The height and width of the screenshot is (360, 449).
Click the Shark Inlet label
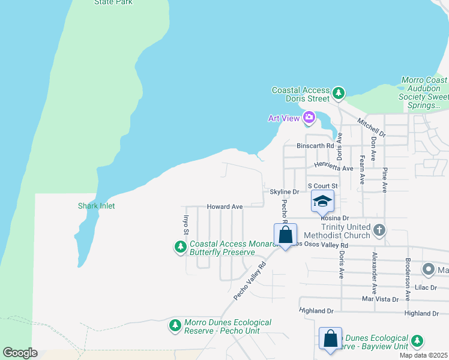point(96,206)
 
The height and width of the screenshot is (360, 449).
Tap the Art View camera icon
point(309,118)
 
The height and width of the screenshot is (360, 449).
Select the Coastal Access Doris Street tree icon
point(340,93)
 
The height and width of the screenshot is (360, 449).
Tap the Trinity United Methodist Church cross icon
point(379,229)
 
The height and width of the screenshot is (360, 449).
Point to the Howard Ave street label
point(224,206)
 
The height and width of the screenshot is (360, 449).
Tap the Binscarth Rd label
point(315,146)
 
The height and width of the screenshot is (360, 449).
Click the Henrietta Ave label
point(333,169)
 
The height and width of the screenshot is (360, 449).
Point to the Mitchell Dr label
point(370,127)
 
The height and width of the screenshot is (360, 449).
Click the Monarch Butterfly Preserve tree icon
point(180,247)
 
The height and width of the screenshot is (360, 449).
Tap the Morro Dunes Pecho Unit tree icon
point(175,325)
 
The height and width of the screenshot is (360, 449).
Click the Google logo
point(20,353)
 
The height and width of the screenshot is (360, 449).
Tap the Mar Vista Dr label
point(381,298)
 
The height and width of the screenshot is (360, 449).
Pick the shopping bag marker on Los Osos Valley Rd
point(285,235)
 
